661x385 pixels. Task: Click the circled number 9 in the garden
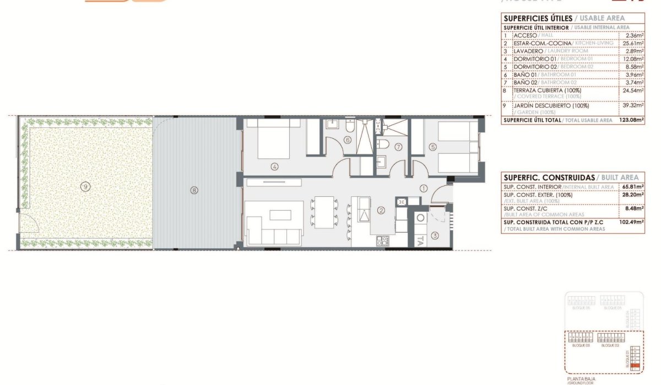click(85, 186)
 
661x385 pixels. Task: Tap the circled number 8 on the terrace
click(193, 190)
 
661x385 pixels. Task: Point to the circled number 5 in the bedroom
click(433, 147)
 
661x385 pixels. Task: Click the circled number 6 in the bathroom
click(347, 140)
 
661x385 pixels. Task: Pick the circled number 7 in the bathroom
click(399, 147)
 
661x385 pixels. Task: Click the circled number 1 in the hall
click(424, 188)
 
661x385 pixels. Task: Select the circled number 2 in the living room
click(380, 210)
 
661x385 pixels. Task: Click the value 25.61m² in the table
click(633, 43)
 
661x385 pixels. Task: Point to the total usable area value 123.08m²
click(631, 120)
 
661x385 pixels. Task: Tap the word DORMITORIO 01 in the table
click(535, 58)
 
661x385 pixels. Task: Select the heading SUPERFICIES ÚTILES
click(538, 18)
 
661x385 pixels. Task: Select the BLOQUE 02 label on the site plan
click(610, 345)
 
